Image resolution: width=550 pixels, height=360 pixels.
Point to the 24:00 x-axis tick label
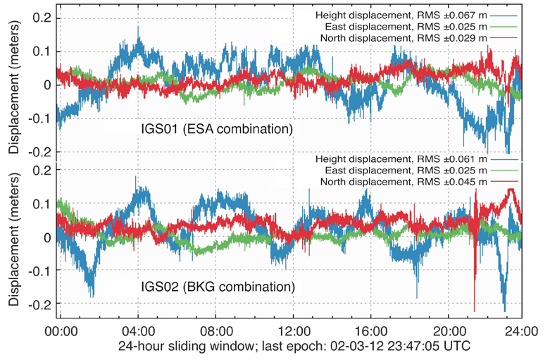(x=521, y=329)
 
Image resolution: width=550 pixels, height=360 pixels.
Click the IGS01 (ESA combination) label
(x=216, y=130)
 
